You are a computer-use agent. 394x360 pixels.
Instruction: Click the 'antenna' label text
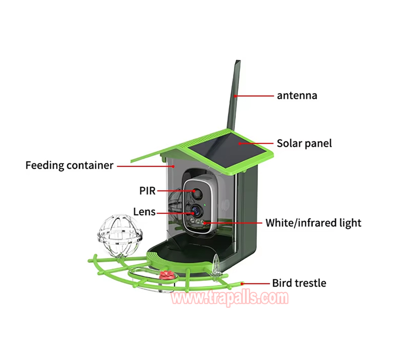297,96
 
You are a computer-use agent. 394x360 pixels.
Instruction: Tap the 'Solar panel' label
304,143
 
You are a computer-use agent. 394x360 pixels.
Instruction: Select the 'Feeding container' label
69,166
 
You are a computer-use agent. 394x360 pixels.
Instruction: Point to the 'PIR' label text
147,191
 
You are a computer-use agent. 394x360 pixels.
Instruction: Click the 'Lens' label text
144,212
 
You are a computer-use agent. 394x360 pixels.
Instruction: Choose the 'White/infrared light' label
313,223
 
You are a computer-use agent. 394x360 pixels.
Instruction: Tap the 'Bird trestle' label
299,283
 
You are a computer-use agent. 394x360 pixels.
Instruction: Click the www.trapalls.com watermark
230,298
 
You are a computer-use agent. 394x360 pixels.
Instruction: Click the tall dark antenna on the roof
234,95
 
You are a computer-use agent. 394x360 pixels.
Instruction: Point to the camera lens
196,211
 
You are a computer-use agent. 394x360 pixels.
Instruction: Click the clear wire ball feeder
120,235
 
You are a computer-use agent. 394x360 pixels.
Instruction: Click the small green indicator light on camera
205,205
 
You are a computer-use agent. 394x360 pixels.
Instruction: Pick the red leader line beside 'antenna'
254,96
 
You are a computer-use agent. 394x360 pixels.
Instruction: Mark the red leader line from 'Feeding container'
146,166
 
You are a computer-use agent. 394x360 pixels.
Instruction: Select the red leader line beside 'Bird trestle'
255,284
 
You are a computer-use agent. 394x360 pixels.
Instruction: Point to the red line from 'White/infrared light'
233,223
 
